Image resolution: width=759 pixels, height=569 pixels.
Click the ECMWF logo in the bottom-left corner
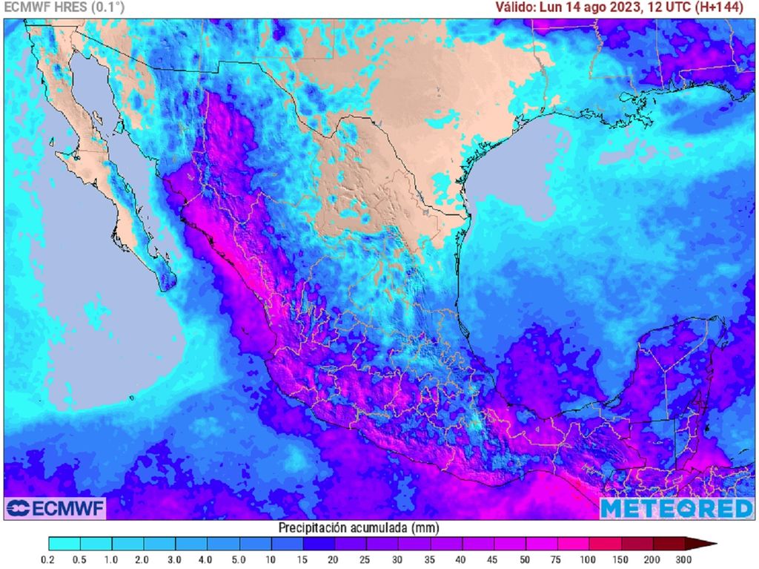[56, 508]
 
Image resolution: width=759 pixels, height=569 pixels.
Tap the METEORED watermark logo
[676, 508]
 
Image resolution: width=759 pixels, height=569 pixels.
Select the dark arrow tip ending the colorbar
[708, 544]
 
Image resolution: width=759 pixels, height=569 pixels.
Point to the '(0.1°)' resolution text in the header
[107, 7]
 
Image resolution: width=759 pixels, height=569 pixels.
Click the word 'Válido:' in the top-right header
[516, 7]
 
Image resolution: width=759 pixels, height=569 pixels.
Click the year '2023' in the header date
[630, 7]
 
